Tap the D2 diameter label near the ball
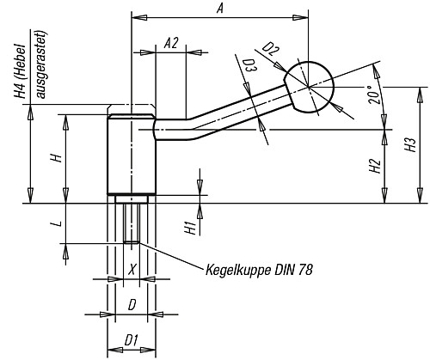pyautogui.click(x=271, y=52)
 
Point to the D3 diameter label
pyautogui.click(x=249, y=65)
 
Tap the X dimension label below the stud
pyautogui.click(x=131, y=269)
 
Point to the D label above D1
pyautogui.click(x=131, y=303)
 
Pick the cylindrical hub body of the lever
pyautogui.click(x=131, y=155)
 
